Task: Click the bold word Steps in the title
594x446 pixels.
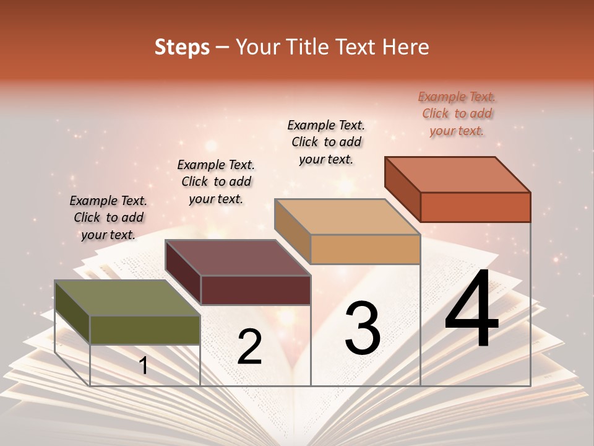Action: coord(181,47)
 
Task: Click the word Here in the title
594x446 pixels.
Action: coord(404,47)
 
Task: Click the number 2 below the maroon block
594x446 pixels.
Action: coord(249,347)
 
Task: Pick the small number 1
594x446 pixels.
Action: coord(144,365)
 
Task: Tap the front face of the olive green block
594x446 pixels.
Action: coord(145,330)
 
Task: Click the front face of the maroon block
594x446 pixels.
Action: coord(255,290)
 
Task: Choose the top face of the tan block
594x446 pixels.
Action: coord(347,217)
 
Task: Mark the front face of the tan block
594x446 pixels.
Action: coord(365,249)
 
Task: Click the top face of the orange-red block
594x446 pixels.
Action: coord(457,174)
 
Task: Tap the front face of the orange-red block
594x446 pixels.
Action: coord(475,206)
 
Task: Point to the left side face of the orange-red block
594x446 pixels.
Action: coord(402,188)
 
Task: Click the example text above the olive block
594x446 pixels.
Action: coord(108,217)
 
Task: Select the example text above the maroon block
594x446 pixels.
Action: coord(216,181)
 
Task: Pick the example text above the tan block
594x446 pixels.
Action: coord(326,142)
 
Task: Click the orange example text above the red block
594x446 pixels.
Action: coord(457,113)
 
